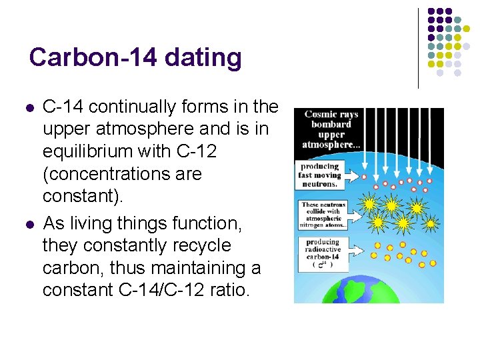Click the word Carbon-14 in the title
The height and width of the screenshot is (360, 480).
point(92,57)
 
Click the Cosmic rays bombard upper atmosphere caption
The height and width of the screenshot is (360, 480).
point(331,129)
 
